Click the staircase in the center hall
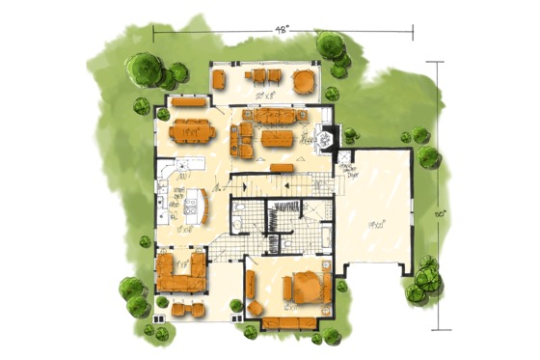[x=285, y=180]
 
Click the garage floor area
[x=376, y=217]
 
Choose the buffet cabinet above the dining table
[x=189, y=100]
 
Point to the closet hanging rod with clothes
[x=286, y=206]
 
